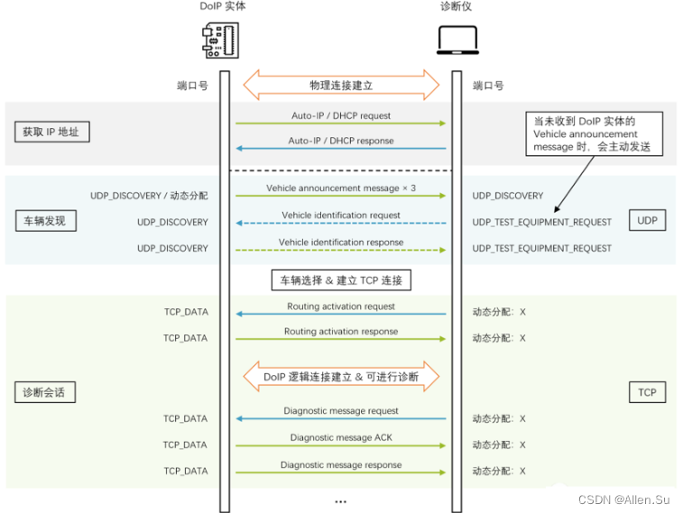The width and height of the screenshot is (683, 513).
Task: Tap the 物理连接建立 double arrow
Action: point(341,86)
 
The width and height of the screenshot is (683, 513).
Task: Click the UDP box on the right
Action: point(647,221)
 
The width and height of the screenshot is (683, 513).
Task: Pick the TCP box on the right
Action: point(647,392)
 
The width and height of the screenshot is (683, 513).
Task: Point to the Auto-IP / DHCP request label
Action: point(341,115)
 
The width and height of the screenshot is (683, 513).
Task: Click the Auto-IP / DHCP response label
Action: point(341,141)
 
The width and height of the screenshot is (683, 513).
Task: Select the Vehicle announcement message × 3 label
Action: point(341,188)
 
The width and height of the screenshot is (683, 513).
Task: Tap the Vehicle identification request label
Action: point(341,215)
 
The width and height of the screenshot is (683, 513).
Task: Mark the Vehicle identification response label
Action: point(341,242)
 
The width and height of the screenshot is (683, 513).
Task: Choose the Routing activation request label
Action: point(341,307)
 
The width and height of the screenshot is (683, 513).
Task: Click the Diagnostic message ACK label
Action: point(341,437)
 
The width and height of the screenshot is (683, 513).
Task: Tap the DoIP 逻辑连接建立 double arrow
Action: point(341,376)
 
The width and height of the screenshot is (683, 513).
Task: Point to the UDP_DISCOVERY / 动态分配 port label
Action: point(149,195)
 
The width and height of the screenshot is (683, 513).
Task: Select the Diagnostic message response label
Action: point(341,464)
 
